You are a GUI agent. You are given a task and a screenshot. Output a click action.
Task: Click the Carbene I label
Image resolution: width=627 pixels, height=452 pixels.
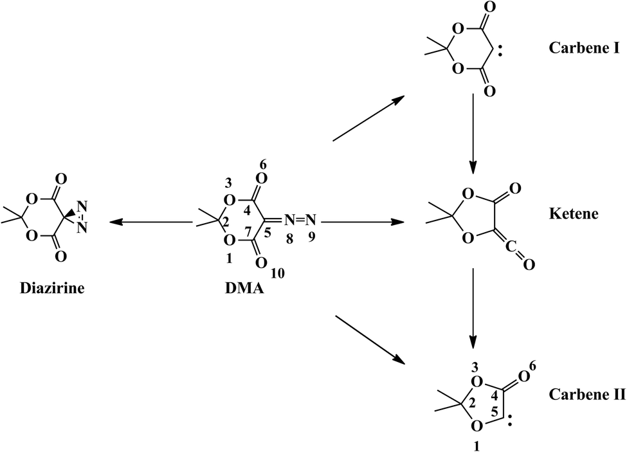click(x=580, y=50)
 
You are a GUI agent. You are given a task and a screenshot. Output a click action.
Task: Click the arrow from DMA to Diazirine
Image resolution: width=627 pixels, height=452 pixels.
click(x=152, y=222)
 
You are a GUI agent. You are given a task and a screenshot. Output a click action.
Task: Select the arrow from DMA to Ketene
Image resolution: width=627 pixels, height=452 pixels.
click(x=364, y=222)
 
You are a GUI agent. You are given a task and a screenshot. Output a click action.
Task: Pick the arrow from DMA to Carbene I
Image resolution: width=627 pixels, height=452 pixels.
click(x=368, y=118)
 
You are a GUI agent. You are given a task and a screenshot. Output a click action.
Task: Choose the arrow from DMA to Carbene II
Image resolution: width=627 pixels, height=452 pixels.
click(x=372, y=339)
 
